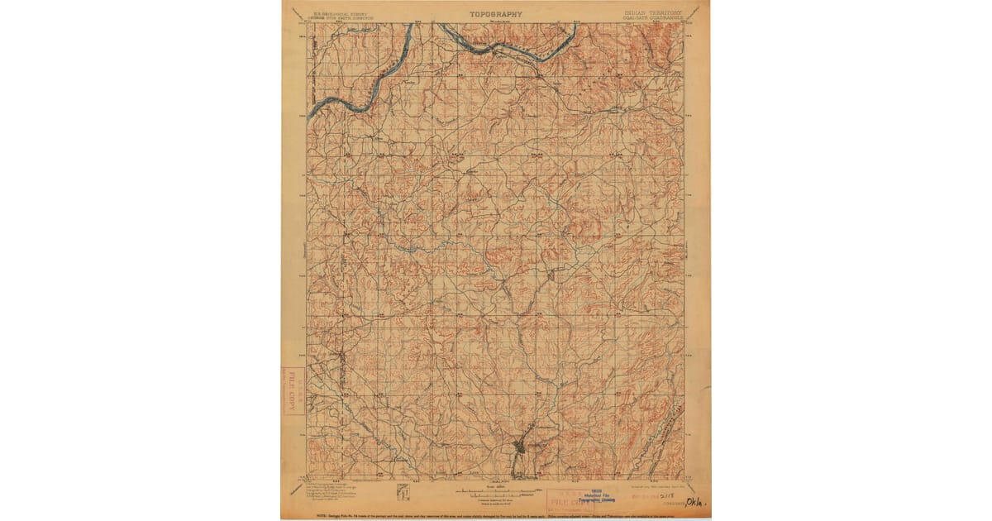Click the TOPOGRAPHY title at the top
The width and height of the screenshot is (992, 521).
[496, 14]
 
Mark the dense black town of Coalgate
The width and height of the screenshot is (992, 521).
[518, 447]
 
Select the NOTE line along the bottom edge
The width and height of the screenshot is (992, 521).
[496, 514]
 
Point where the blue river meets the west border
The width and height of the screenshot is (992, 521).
[309, 113]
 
